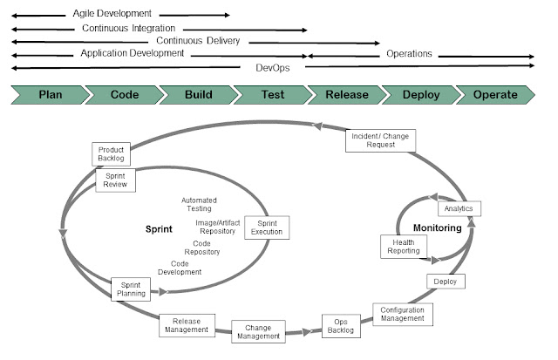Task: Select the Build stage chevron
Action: [197, 94]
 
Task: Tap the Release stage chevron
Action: [345, 94]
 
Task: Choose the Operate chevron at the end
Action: [494, 94]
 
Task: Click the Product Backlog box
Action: [112, 154]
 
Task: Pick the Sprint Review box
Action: [114, 180]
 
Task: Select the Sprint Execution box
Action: [267, 228]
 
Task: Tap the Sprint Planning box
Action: [133, 289]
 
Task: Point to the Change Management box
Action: [258, 331]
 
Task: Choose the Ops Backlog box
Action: [340, 325]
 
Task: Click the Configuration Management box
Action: [402, 314]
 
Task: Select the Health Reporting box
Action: [402, 247]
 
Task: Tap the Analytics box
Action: [459, 209]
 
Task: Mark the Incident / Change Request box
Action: [380, 140]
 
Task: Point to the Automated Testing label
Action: [199, 205]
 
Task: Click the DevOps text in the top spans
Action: [273, 67]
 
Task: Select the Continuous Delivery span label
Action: [198, 41]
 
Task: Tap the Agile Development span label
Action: [112, 14]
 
